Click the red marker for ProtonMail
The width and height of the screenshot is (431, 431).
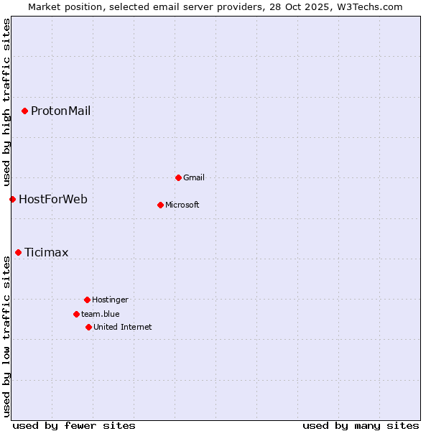click(24, 111)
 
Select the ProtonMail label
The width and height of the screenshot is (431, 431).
click(60, 111)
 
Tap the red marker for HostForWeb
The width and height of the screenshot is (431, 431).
click(12, 199)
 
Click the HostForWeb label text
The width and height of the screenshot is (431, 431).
click(53, 199)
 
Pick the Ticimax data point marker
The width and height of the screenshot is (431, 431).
click(18, 252)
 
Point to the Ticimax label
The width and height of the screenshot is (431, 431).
click(47, 252)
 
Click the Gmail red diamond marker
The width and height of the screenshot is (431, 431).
click(178, 177)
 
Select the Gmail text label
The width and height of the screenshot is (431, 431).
click(194, 177)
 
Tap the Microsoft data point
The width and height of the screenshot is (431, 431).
click(160, 205)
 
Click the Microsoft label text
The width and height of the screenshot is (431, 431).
click(182, 205)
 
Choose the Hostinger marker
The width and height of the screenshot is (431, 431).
click(87, 300)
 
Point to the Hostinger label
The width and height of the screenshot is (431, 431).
click(110, 300)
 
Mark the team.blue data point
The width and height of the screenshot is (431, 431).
click(76, 314)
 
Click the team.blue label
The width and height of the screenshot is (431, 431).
click(101, 314)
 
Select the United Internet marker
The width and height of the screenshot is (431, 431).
click(88, 327)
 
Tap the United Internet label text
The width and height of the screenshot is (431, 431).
click(123, 327)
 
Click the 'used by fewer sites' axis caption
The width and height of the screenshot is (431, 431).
click(74, 425)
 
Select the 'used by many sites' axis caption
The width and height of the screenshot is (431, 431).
click(361, 425)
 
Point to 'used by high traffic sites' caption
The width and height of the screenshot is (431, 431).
click(6, 101)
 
